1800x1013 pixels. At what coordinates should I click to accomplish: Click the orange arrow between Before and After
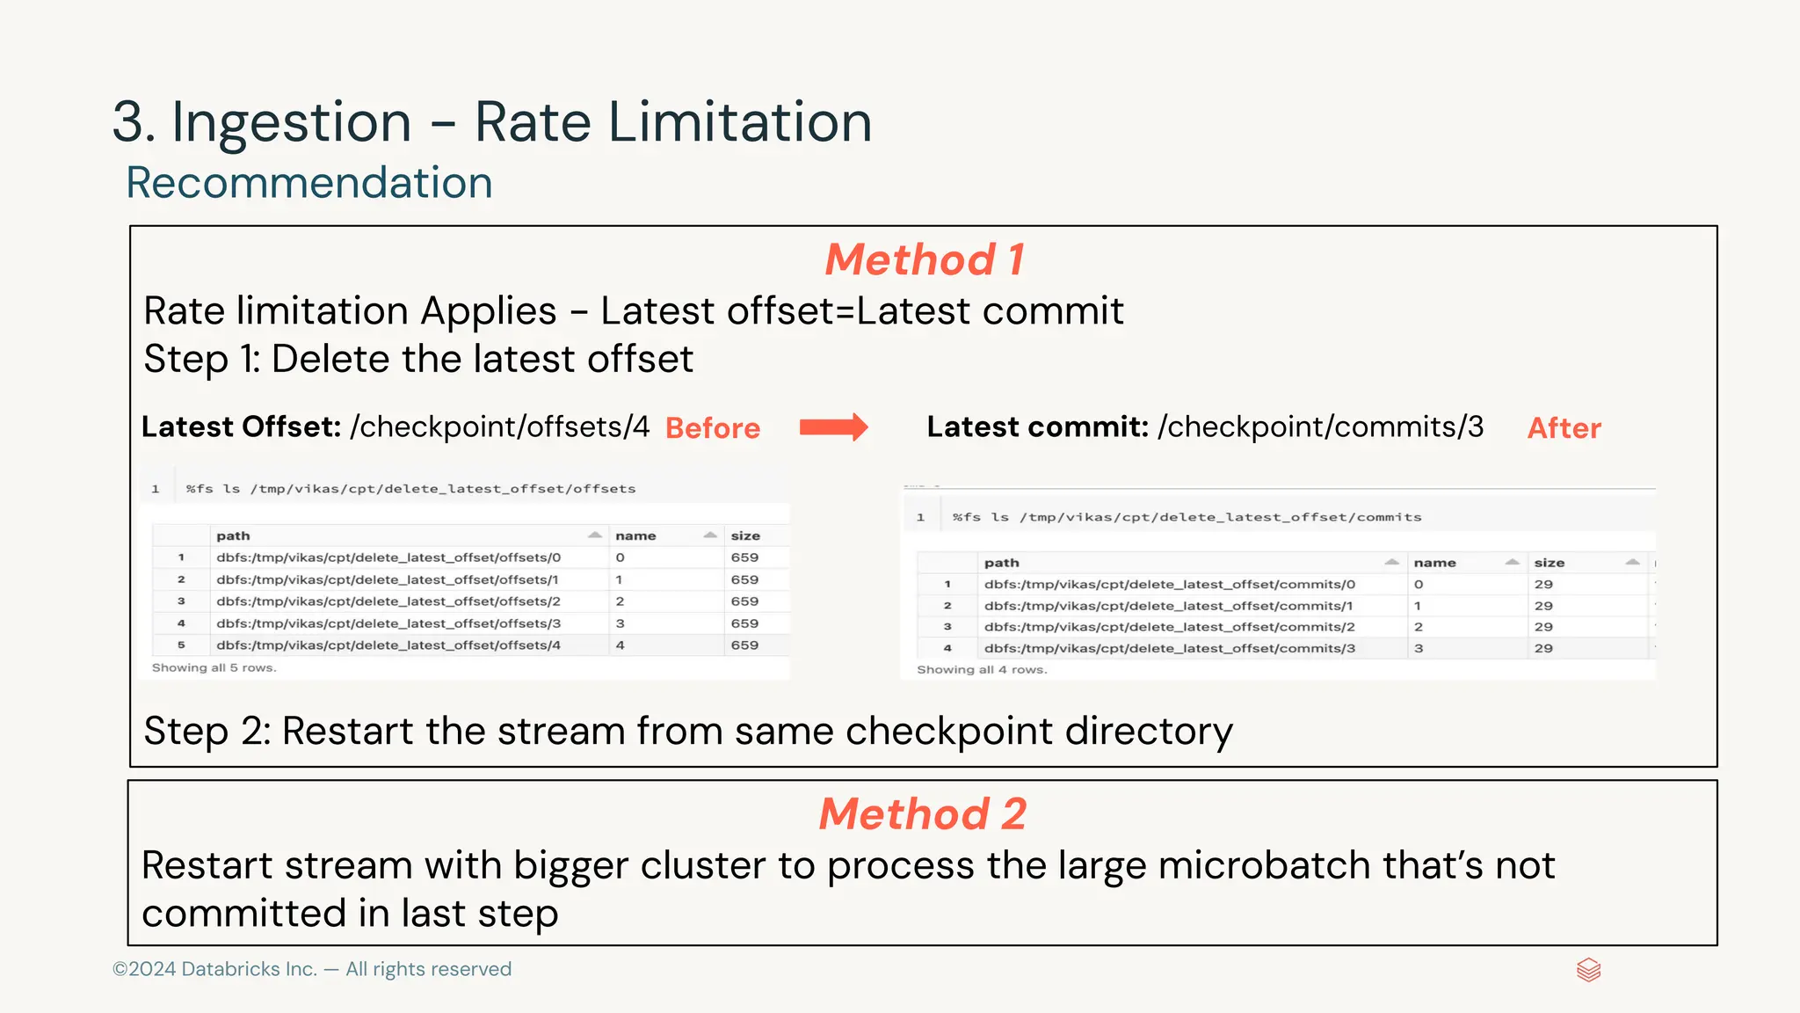[x=833, y=427]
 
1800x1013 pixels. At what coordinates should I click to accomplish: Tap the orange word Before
[x=713, y=428]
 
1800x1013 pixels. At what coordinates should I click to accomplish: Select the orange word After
[x=1564, y=428]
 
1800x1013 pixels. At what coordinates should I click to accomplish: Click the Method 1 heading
[x=925, y=260]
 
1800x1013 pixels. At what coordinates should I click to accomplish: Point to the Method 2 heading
[x=923, y=814]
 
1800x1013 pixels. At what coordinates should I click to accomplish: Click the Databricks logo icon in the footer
[x=1588, y=970]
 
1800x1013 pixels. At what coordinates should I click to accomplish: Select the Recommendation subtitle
[x=309, y=183]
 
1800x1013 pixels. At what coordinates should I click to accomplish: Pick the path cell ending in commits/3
[x=1169, y=649]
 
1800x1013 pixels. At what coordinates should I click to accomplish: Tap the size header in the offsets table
[x=745, y=536]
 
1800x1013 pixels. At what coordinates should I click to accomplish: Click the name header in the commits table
[x=1434, y=563]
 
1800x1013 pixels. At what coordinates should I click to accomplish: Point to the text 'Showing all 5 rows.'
[x=214, y=668]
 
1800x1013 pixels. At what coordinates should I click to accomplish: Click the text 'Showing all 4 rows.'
[x=982, y=670]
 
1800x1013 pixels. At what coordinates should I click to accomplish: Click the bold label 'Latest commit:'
[x=1038, y=427]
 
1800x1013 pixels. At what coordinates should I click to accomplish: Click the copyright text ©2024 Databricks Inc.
[x=215, y=969]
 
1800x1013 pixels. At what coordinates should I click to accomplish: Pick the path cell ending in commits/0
[x=1169, y=585]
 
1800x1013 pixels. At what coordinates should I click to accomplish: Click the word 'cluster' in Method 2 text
[x=702, y=865]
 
